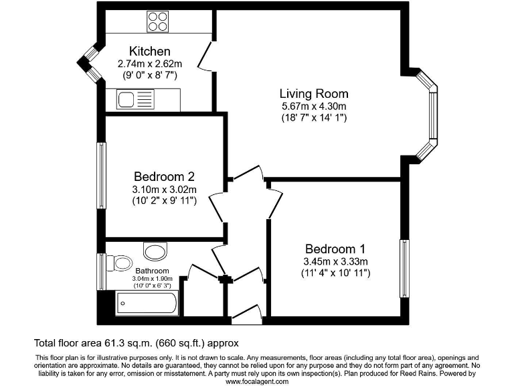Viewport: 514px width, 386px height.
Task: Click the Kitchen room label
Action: point(150,52)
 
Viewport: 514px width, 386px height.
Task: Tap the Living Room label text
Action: point(314,94)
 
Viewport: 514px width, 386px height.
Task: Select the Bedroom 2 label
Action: point(164,177)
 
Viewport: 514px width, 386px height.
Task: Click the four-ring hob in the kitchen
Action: point(158,23)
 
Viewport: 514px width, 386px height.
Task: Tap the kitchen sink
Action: point(135,101)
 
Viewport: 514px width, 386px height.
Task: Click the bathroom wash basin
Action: point(156,252)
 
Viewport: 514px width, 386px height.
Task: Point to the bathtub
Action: point(147,304)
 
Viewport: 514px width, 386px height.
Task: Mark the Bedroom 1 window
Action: point(404,268)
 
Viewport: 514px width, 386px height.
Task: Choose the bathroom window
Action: point(100,271)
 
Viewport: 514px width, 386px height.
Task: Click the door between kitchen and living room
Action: point(209,55)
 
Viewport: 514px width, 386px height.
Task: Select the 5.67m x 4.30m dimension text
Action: point(314,107)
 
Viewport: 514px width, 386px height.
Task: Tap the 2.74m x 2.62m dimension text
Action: point(150,64)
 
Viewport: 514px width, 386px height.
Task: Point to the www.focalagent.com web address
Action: point(257,381)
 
